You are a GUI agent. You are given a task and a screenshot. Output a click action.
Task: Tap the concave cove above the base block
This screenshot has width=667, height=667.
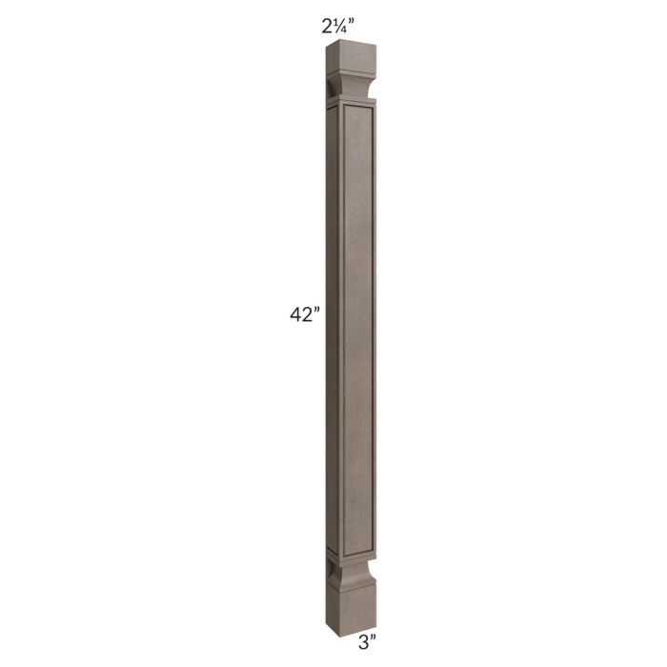[x=353, y=570]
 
